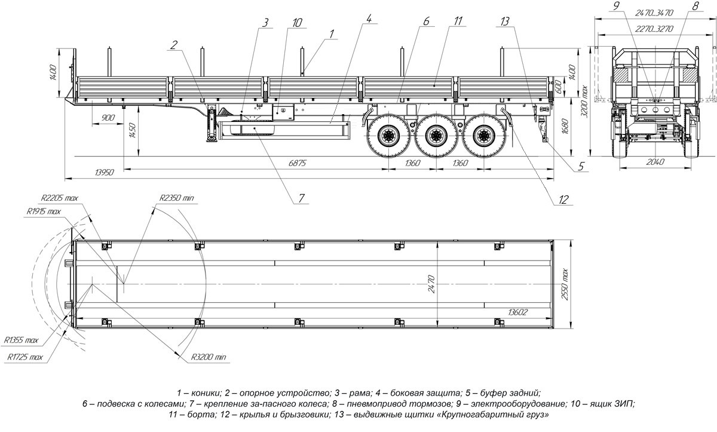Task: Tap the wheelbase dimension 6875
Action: click(297, 163)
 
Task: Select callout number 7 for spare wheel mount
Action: click(302, 197)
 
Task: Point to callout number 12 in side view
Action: click(562, 201)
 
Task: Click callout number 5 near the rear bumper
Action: click(581, 167)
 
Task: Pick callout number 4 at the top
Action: click(369, 18)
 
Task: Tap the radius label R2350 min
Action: click(176, 198)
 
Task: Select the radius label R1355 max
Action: click(22, 340)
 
